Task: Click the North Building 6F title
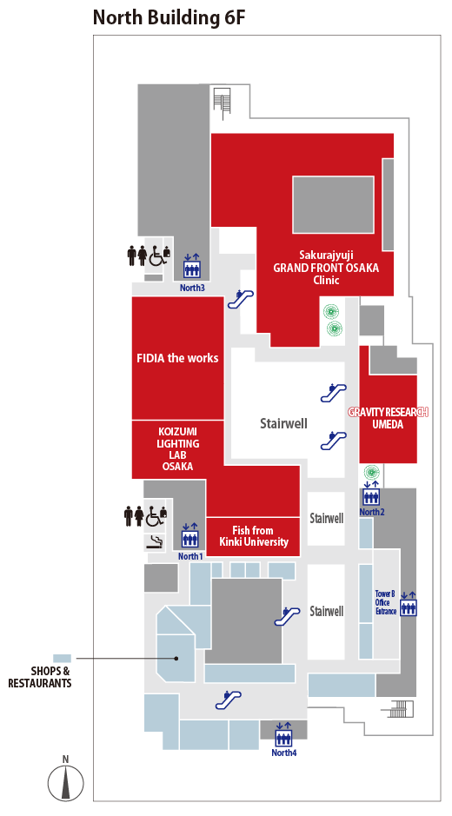pyautogui.click(x=169, y=17)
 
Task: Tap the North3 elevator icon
pyautogui.click(x=191, y=266)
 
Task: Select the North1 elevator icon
pyautogui.click(x=189, y=536)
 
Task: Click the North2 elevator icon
pyautogui.click(x=371, y=494)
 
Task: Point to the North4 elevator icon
pyautogui.click(x=283, y=734)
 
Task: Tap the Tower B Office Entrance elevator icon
pyautogui.click(x=409, y=604)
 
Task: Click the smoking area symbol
pyautogui.click(x=155, y=542)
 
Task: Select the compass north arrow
pyautogui.click(x=65, y=781)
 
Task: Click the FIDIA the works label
pyautogui.click(x=177, y=358)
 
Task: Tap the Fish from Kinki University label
pyautogui.click(x=253, y=536)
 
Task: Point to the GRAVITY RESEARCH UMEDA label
pyautogui.click(x=388, y=418)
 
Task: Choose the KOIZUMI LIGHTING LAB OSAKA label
pyautogui.click(x=177, y=449)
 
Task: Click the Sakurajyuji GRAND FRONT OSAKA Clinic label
pyautogui.click(x=327, y=268)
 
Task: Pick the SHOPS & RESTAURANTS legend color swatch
pyautogui.click(x=62, y=659)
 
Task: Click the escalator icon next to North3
pyautogui.click(x=241, y=299)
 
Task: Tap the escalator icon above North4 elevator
pyautogui.click(x=228, y=699)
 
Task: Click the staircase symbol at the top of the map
pyautogui.click(x=223, y=101)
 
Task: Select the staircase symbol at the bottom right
pyautogui.click(x=400, y=709)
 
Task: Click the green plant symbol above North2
pyautogui.click(x=371, y=472)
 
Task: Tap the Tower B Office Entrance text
pyautogui.click(x=385, y=602)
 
